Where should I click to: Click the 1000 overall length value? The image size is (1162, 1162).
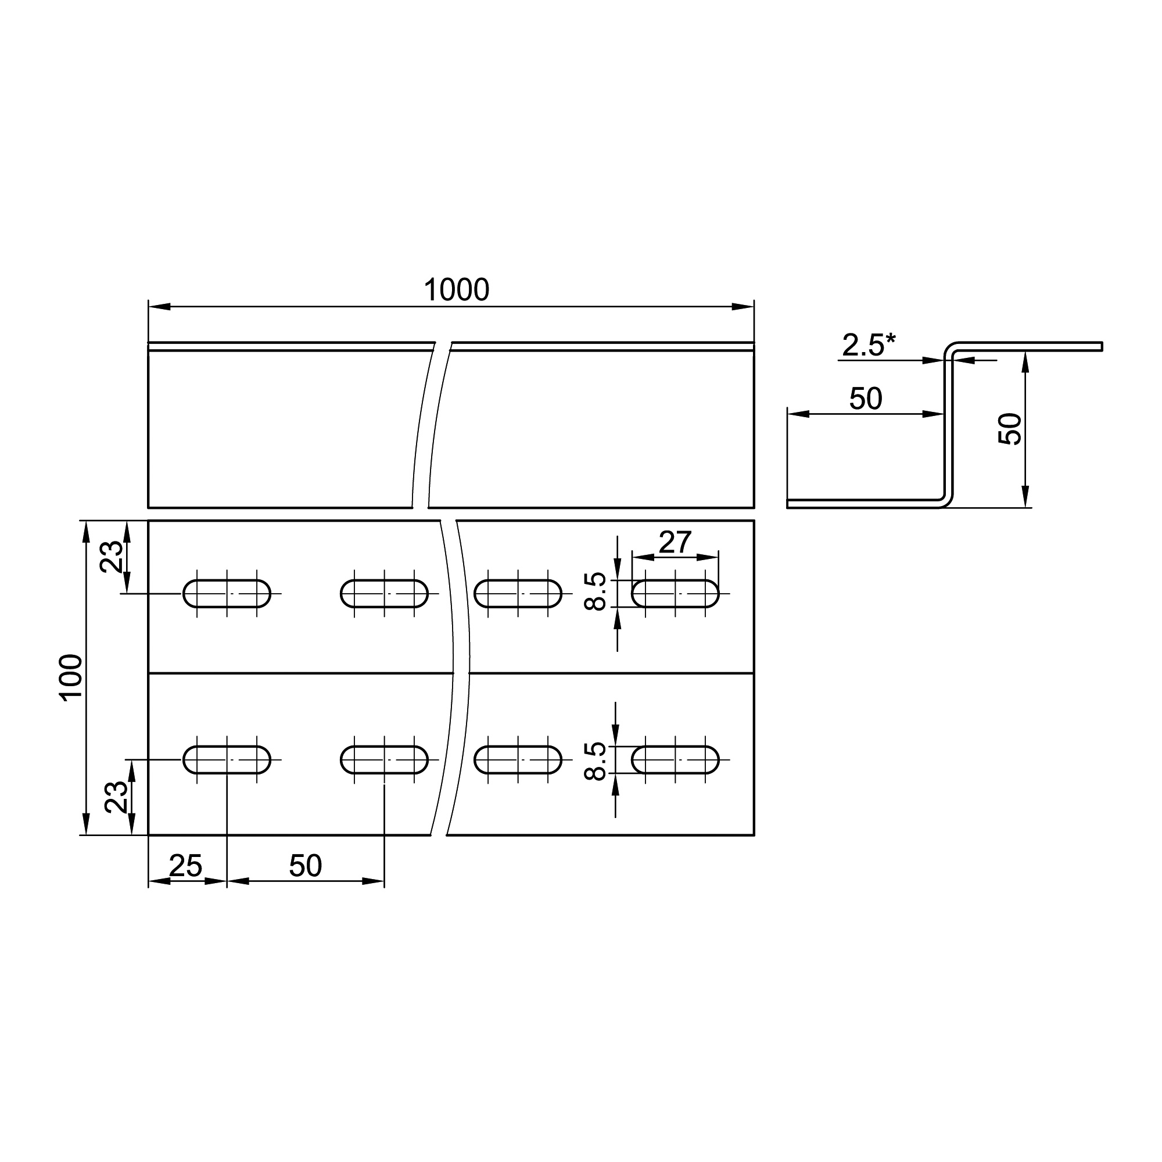coord(457,290)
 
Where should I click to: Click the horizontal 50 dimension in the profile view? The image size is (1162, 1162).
coord(866,399)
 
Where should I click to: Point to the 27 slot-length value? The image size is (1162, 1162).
coord(675,543)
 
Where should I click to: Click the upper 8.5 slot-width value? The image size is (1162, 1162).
coord(596,591)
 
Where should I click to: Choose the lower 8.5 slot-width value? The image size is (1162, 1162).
coord(596,761)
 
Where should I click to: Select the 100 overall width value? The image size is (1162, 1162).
coord(71,677)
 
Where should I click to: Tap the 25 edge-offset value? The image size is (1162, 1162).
coord(185,866)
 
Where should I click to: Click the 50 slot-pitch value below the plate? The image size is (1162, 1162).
coord(306,866)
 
